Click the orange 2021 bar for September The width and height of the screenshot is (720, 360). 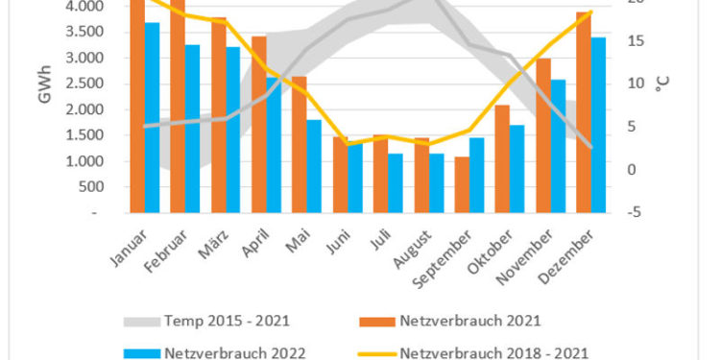click(x=463, y=183)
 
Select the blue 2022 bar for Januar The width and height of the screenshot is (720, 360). click(x=152, y=117)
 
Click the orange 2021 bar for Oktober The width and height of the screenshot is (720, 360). click(x=503, y=158)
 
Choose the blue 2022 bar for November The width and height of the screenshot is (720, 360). click(x=559, y=146)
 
